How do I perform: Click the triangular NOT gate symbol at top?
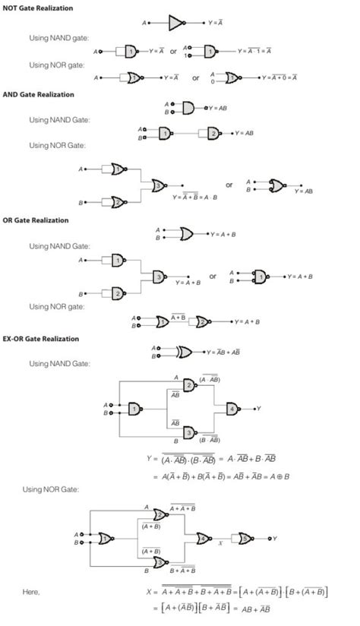pos(175,24)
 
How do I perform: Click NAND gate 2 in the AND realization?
pos(212,134)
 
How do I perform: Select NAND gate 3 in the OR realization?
pos(159,277)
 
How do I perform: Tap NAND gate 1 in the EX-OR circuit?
pos(134,409)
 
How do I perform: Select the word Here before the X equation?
pos(31,592)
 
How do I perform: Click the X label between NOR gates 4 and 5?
pos(220,545)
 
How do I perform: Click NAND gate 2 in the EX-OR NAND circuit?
pos(188,385)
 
